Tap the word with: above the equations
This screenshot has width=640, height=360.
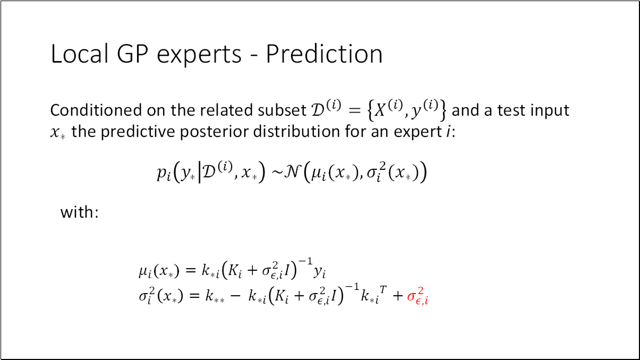pyautogui.click(x=80, y=212)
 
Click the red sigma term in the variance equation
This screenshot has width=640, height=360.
pyautogui.click(x=417, y=297)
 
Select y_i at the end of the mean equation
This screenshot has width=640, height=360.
pyautogui.click(x=319, y=272)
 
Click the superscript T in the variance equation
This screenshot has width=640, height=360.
pyautogui.click(x=383, y=290)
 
